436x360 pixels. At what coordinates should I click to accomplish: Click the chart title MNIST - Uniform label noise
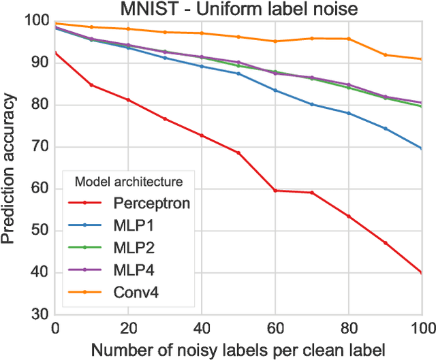click(238, 10)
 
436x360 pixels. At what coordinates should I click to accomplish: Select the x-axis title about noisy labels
click(238, 348)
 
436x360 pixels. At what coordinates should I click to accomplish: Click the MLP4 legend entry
click(135, 271)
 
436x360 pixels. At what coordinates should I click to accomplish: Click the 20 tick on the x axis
click(128, 328)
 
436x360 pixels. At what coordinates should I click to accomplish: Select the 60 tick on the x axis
click(275, 328)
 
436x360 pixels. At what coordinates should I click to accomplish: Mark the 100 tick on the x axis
click(420, 328)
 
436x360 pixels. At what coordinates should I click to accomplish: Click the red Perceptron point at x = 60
click(275, 191)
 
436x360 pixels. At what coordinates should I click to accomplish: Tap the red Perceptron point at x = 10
click(91, 85)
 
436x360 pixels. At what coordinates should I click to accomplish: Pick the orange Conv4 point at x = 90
click(386, 55)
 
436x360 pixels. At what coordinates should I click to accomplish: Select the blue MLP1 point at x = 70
click(312, 104)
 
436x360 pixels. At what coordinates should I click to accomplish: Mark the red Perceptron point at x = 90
click(386, 242)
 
